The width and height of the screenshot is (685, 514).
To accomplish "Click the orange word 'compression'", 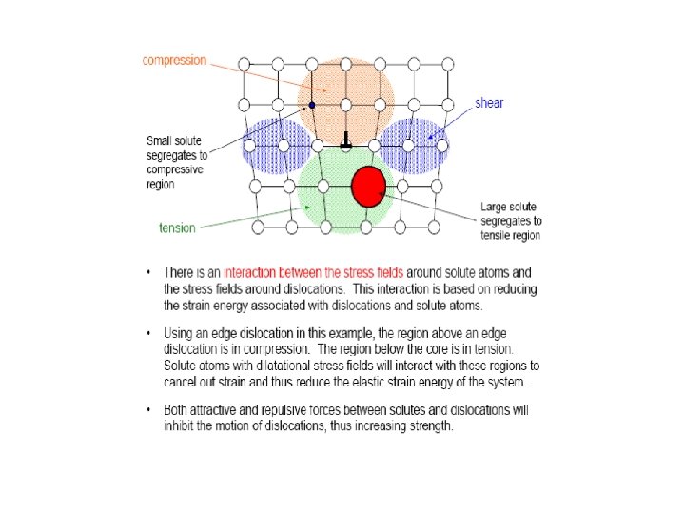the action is click(174, 60).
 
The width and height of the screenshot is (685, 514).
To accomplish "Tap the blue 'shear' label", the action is click(489, 103).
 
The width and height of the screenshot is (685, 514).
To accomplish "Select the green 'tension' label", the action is click(177, 227).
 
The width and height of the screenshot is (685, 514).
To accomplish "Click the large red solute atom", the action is click(368, 187).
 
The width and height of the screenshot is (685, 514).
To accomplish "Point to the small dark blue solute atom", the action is click(312, 104).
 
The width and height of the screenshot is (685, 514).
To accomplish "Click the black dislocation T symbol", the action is click(346, 140).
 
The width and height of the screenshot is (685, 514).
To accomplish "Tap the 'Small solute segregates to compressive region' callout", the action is click(178, 160).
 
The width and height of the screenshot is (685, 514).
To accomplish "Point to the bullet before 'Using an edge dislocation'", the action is click(148, 334).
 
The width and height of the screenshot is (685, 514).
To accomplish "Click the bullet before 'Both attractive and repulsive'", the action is click(148, 410).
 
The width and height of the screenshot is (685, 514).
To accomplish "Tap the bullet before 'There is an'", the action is click(148, 272).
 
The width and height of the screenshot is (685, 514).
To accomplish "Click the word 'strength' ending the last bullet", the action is click(431, 425).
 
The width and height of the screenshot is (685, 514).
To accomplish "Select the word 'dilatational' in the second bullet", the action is click(265, 366).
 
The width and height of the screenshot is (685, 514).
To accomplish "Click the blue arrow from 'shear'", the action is click(451, 123).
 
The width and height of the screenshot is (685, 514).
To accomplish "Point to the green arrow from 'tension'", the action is click(247, 218).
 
